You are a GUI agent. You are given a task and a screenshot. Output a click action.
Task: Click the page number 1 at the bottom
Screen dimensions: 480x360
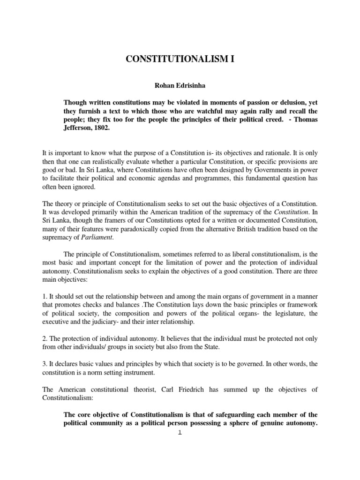click(180, 433)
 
